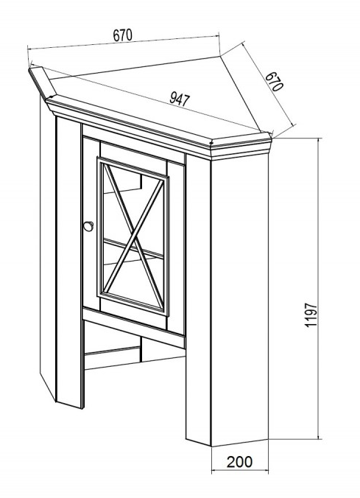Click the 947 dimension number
pyautogui.click(x=180, y=99)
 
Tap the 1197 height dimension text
pyautogui.click(x=311, y=315)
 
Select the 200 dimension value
pyautogui.click(x=240, y=461)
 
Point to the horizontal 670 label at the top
pyautogui.click(x=122, y=35)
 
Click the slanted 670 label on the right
pyautogui.click(x=274, y=81)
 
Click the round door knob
pyautogui.click(x=88, y=226)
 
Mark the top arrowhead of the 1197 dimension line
pyautogui.click(x=319, y=140)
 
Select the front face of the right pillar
pyautogui.click(x=198, y=299)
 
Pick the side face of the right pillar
pyautogui.click(x=240, y=300)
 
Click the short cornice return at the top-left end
pyautogui.click(x=43, y=81)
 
